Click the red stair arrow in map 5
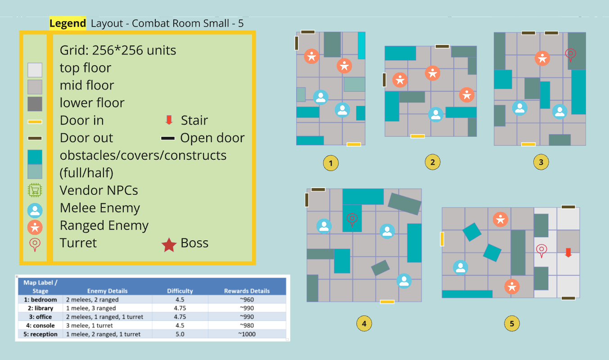click(x=568, y=252)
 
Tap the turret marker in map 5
click(x=541, y=250)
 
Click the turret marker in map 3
click(x=570, y=55)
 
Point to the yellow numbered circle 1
click(x=331, y=163)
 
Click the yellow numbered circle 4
click(x=364, y=323)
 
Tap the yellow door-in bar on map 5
click(x=442, y=238)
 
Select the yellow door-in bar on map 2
click(x=418, y=136)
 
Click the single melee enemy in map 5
click(x=460, y=267)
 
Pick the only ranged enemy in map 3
click(x=542, y=58)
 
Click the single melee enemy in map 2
click(x=435, y=114)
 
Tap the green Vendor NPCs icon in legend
click(x=35, y=191)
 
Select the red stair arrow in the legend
click(x=169, y=120)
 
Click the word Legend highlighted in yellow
click(x=68, y=23)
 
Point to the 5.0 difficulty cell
click(x=180, y=334)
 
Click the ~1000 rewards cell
click(x=247, y=334)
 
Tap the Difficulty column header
click(x=180, y=291)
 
